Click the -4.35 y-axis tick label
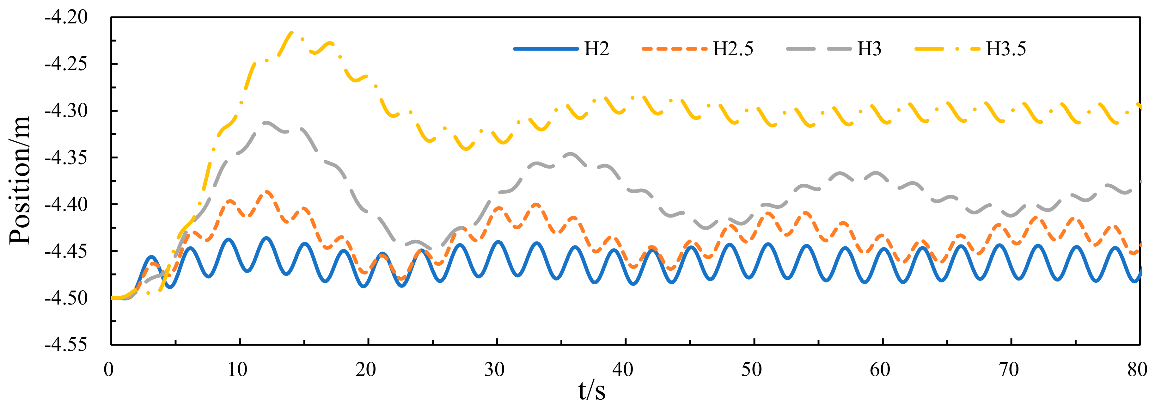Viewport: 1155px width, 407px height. click(66, 158)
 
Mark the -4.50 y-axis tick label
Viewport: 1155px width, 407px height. click(66, 298)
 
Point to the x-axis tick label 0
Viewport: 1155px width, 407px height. click(109, 370)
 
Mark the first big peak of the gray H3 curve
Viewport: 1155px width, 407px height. click(267, 122)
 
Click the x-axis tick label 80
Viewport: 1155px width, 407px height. click(1137, 370)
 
